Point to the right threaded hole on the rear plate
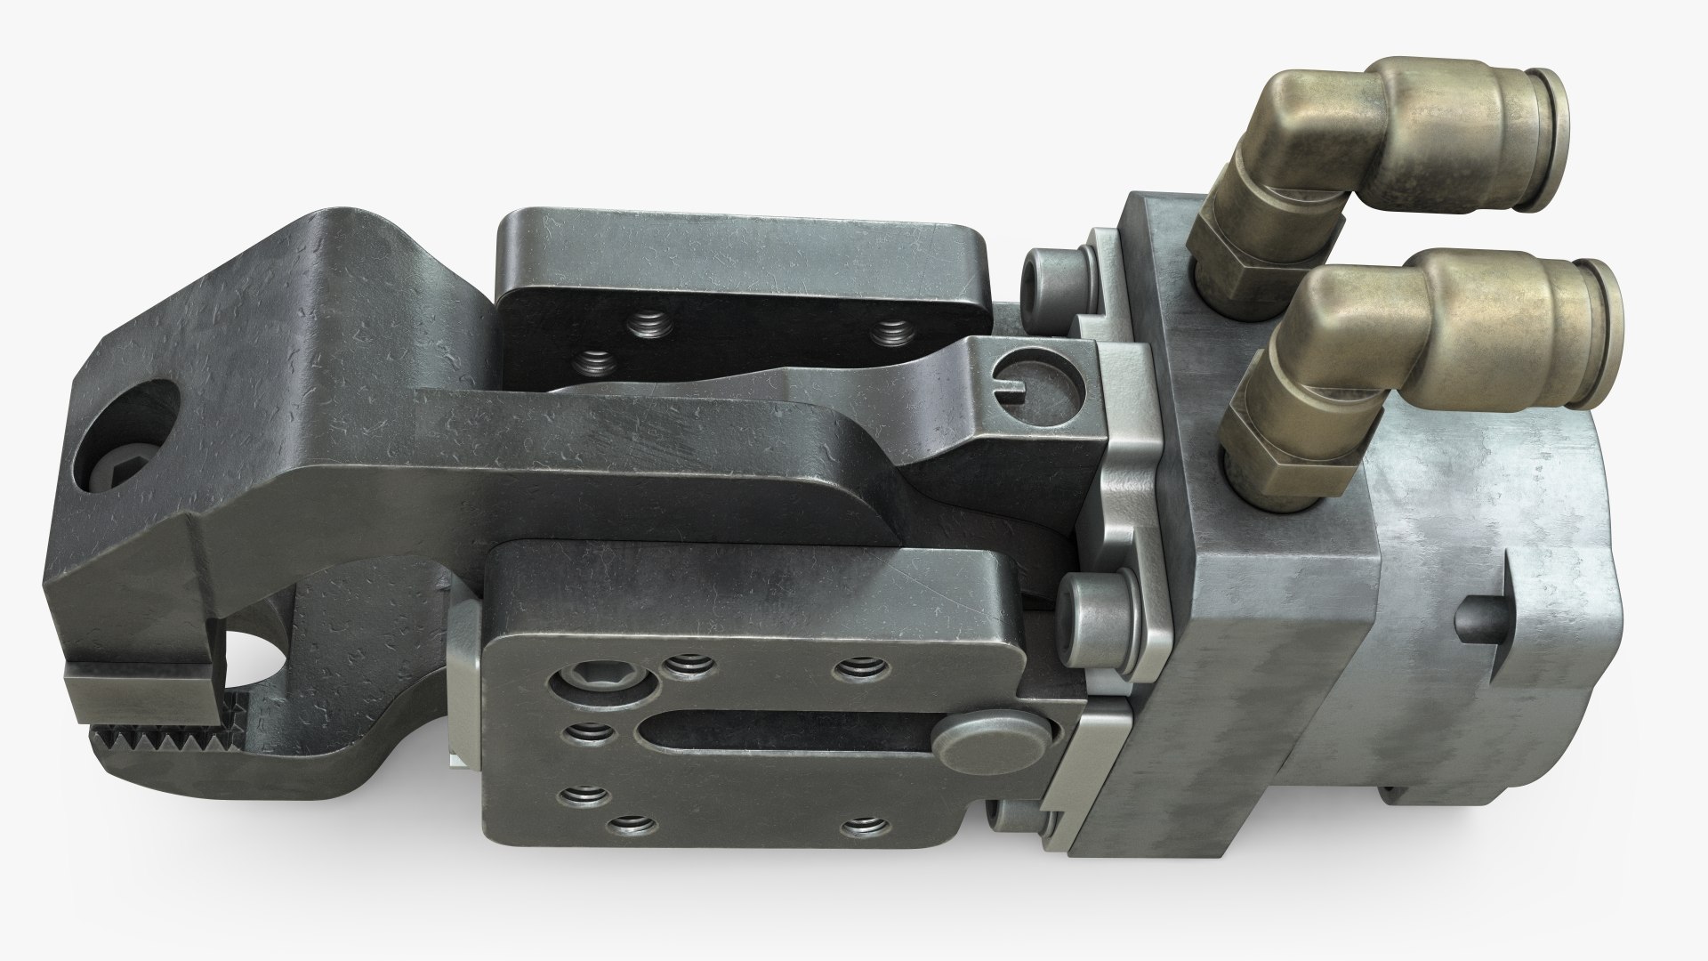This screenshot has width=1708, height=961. pyautogui.click(x=890, y=333)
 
